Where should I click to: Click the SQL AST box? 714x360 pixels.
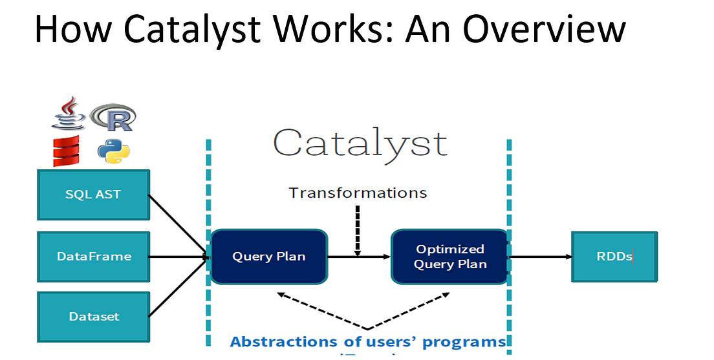[x=93, y=195]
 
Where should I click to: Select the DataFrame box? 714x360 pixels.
[x=93, y=257]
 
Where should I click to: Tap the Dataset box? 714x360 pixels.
[x=93, y=317]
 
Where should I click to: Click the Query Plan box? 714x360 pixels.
[x=268, y=257]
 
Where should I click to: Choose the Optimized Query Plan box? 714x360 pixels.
[x=449, y=257]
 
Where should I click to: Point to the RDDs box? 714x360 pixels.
[x=614, y=257]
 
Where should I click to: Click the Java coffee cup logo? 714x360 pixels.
[x=69, y=114]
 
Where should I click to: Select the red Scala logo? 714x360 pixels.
[x=66, y=152]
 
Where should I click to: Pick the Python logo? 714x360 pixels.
[x=114, y=151]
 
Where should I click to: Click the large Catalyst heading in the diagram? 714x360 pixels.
[x=360, y=143]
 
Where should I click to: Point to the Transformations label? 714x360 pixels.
[x=358, y=193]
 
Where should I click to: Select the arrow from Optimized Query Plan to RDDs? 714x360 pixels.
[x=540, y=257]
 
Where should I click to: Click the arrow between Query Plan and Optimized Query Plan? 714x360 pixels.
[x=359, y=257]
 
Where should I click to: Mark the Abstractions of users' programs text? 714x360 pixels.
[x=367, y=341]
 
